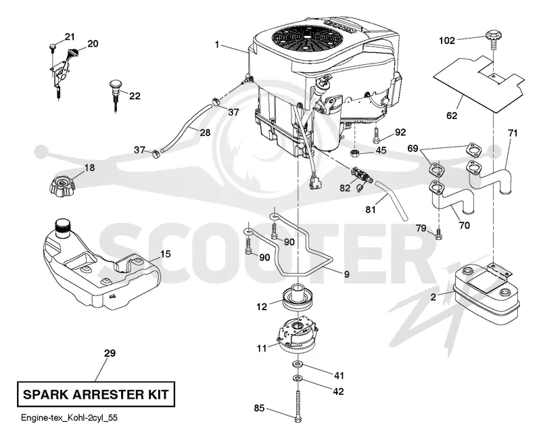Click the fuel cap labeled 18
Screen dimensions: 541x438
(x=62, y=185)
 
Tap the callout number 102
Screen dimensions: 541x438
(x=447, y=41)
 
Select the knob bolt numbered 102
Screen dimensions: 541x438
(x=493, y=40)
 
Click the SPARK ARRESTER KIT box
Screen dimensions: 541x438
(x=96, y=394)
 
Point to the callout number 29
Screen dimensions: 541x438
(x=110, y=353)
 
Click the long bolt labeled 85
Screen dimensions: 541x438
(x=298, y=405)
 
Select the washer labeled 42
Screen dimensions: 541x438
(x=297, y=379)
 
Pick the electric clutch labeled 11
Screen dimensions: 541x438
(x=297, y=334)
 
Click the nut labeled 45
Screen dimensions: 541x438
(x=354, y=153)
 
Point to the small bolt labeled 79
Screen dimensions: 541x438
(x=438, y=233)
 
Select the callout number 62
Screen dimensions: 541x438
(x=452, y=115)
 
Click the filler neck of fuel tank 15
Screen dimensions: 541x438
(x=63, y=228)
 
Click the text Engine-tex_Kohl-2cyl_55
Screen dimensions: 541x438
(x=70, y=418)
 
